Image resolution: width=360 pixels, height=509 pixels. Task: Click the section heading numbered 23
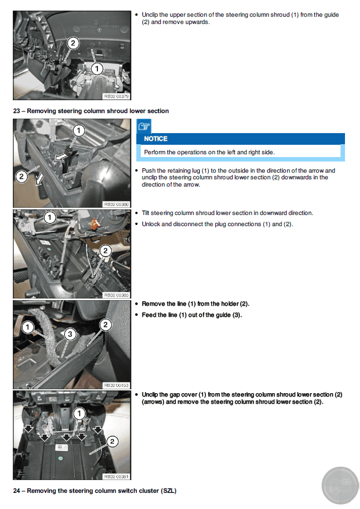[91, 111]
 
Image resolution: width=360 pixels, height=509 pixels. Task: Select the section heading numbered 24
[95, 491]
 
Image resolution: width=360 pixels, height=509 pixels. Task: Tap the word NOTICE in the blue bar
[156, 139]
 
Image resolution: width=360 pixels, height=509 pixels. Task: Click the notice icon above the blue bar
[144, 126]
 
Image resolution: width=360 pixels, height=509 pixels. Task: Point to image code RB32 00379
[116, 96]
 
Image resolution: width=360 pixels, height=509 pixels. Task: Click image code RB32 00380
[116, 204]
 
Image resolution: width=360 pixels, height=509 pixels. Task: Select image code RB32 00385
[116, 295]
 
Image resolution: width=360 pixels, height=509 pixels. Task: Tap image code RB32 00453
[116, 385]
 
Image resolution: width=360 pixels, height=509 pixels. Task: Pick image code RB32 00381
[116, 476]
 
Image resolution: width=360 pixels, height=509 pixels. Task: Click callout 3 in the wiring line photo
[69, 334]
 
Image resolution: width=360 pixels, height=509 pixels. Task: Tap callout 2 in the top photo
[73, 43]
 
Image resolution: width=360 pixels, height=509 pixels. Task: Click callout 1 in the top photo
[96, 68]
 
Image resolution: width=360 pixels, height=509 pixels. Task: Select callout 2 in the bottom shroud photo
[112, 442]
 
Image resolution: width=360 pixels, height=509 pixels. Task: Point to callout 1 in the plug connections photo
[50, 217]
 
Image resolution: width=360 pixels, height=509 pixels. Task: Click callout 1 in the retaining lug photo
[79, 131]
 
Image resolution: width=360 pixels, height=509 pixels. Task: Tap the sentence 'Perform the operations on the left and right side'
[209, 152]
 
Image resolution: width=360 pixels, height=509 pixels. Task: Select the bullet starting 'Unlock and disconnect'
[217, 224]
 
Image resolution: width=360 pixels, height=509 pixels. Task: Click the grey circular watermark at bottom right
[340, 484]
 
